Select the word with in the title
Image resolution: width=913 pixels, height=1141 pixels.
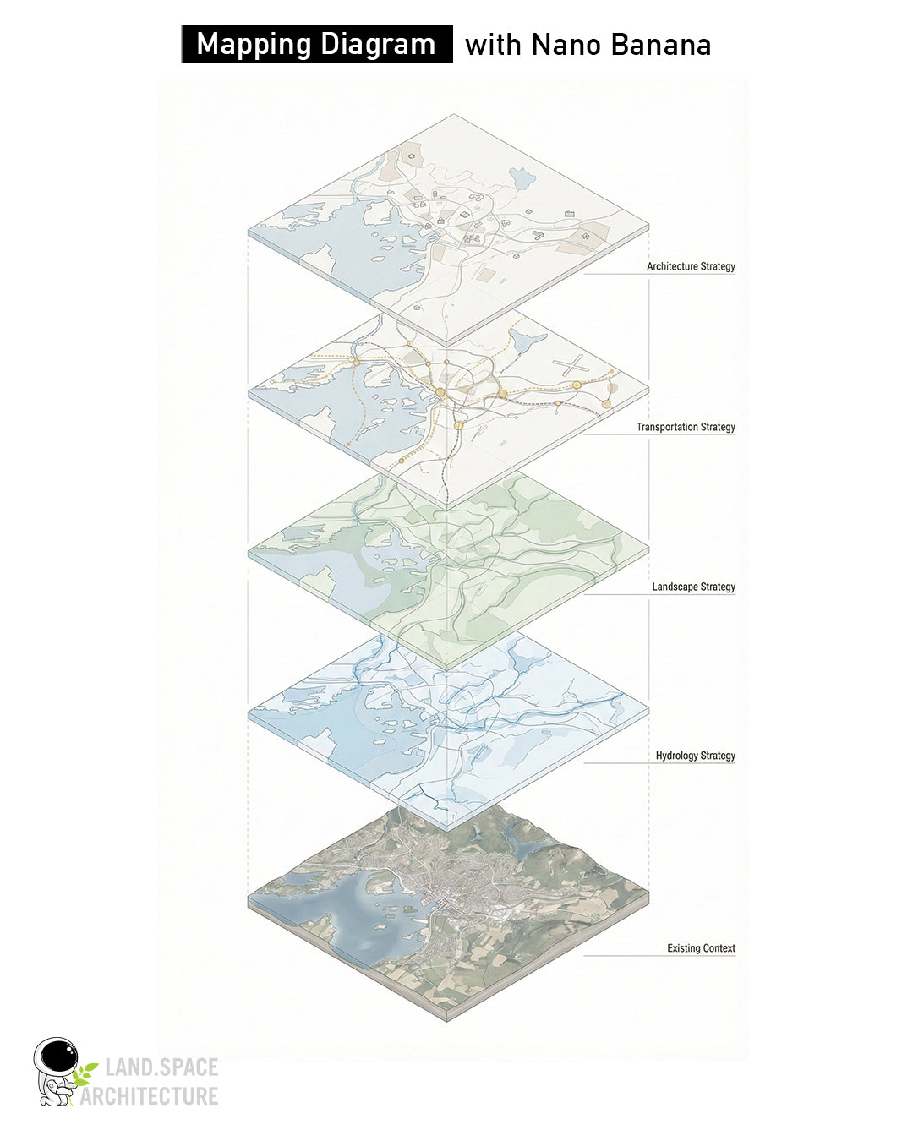(493, 45)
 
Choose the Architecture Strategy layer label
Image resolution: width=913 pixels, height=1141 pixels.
(691, 266)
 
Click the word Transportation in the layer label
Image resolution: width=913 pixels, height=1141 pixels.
(667, 427)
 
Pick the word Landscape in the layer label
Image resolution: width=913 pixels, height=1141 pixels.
(675, 587)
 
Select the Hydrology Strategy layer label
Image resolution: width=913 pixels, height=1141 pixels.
(695, 756)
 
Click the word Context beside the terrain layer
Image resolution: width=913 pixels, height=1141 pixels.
(719, 948)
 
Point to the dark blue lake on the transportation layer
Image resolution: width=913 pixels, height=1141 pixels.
(529, 341)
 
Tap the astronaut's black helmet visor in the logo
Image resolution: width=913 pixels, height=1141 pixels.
(58, 1056)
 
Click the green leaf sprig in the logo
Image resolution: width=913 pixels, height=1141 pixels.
(85, 1074)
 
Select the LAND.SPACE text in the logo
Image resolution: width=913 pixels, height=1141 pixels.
(161, 1067)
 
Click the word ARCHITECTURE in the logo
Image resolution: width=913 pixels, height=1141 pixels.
(149, 1096)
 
